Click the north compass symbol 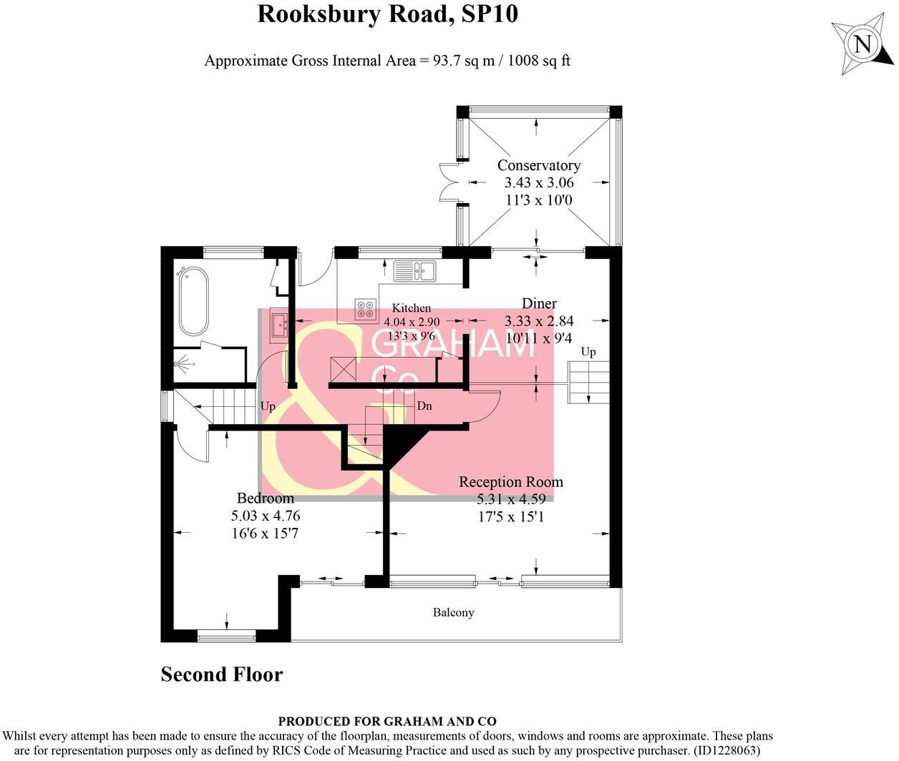[x=863, y=44]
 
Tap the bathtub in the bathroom [x=193, y=301]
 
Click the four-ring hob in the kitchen [x=365, y=309]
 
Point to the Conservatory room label [x=538, y=165]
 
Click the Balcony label [x=453, y=612]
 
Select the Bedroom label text [x=265, y=498]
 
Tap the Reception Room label [x=510, y=482]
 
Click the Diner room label [x=539, y=303]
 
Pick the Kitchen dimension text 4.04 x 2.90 [x=412, y=323]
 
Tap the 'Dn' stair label [x=424, y=406]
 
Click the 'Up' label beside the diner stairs [x=588, y=352]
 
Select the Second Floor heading [x=222, y=674]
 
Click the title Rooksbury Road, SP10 [x=387, y=14]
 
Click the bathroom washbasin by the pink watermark [x=278, y=325]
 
